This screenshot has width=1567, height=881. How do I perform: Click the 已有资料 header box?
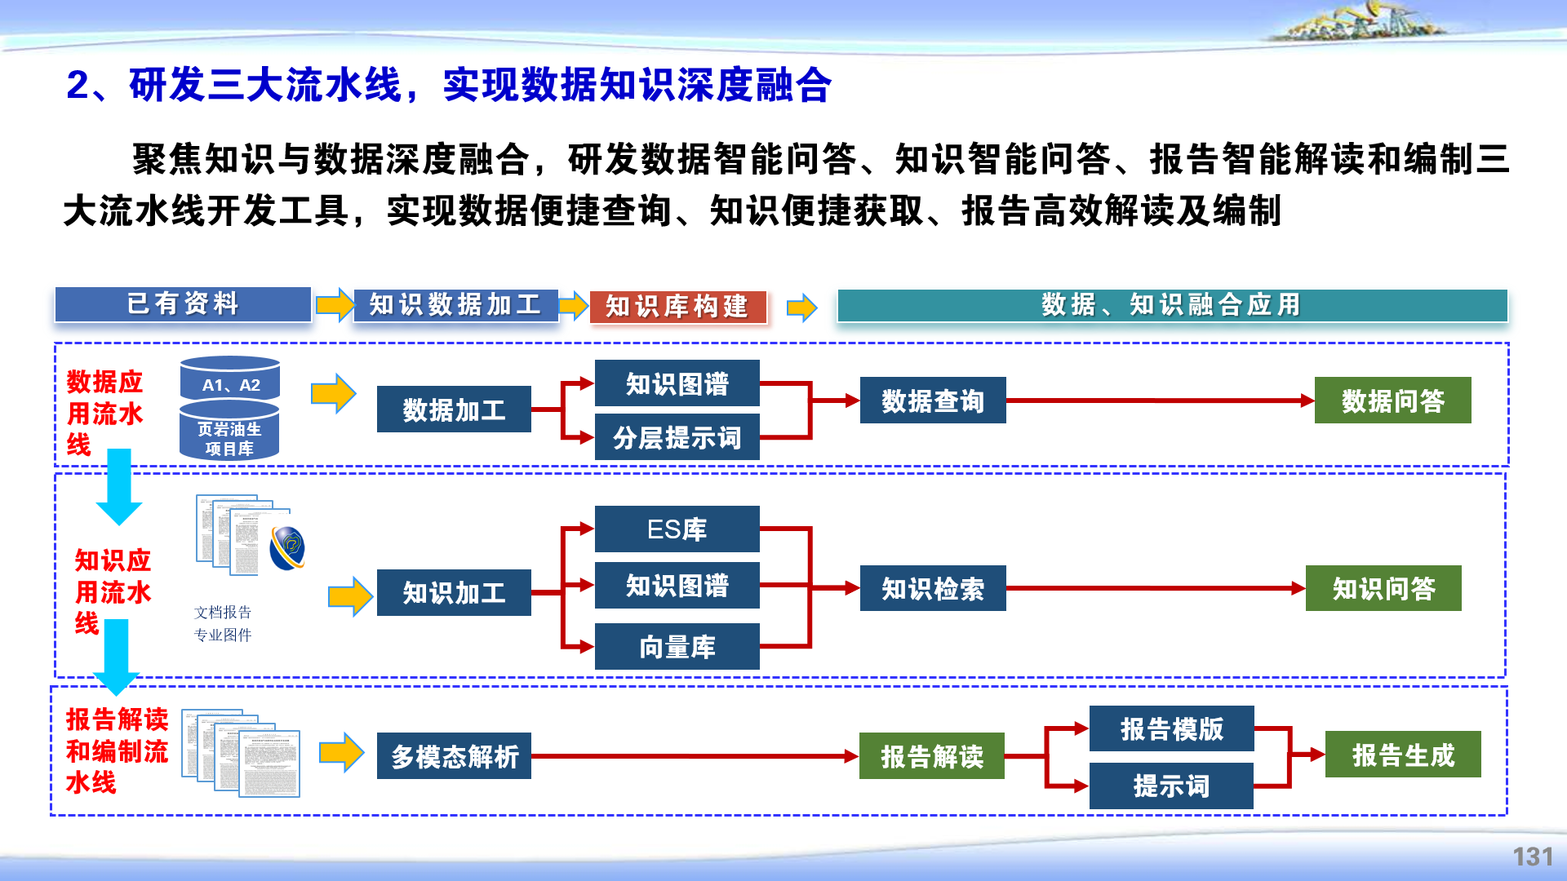(x=183, y=304)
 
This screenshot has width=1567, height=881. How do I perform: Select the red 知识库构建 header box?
(x=677, y=307)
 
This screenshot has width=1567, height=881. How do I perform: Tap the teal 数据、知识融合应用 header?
(x=1172, y=305)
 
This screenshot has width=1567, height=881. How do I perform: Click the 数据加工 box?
(x=454, y=410)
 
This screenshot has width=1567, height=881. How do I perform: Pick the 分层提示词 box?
(x=677, y=438)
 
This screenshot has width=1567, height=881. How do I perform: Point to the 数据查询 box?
(x=933, y=401)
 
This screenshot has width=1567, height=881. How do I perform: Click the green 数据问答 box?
(x=1392, y=401)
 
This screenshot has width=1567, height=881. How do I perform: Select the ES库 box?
(x=677, y=529)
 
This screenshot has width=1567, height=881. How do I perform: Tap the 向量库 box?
(x=677, y=647)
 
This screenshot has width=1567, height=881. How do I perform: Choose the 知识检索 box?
(x=933, y=588)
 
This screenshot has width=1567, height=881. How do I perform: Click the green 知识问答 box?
(x=1383, y=588)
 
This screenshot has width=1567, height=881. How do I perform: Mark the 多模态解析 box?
(x=454, y=756)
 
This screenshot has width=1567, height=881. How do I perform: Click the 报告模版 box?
(x=1171, y=728)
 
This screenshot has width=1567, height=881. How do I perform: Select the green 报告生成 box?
(x=1403, y=755)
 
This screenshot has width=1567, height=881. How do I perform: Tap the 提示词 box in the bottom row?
(x=1171, y=786)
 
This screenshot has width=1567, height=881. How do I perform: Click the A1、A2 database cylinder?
(x=230, y=380)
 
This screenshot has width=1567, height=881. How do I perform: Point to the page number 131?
(x=1532, y=857)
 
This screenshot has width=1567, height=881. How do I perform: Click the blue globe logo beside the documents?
(x=288, y=547)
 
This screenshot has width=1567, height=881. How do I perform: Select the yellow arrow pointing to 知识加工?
(x=350, y=596)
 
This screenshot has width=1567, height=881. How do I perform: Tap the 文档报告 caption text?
(x=223, y=612)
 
